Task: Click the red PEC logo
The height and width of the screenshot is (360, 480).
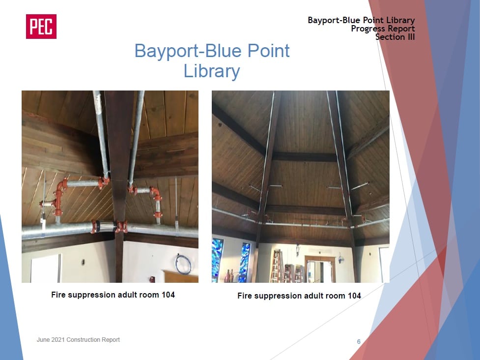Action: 41,27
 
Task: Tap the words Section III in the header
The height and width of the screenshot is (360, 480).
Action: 395,37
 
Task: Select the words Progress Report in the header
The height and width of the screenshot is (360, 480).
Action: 383,29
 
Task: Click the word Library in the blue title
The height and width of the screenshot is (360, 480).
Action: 212,71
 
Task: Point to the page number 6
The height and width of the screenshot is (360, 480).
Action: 359,341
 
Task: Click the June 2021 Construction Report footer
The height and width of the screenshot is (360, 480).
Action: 78,339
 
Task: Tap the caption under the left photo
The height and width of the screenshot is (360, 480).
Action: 113,295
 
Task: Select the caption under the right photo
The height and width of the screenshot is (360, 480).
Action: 299,296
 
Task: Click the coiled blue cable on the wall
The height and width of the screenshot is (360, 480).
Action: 183,264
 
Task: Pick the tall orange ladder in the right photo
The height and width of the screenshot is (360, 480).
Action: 277,266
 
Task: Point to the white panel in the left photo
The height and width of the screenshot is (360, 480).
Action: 45,269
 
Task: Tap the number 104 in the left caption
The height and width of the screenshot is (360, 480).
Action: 168,295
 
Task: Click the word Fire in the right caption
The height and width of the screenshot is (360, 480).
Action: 244,296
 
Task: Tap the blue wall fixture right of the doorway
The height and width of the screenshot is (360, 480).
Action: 340,258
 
